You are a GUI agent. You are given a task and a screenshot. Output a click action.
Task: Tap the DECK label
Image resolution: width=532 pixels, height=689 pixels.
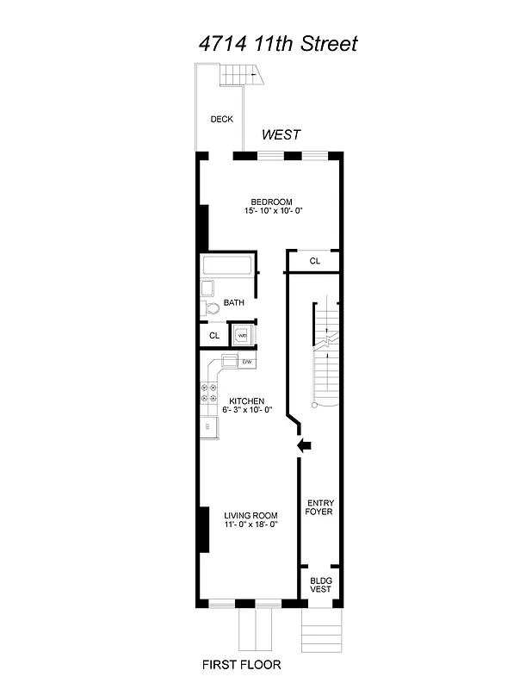[221, 120]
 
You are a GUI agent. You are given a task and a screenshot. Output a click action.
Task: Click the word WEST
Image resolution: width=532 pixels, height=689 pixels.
[281, 135]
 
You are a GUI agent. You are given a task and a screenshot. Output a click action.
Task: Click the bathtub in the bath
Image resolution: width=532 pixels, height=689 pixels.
[228, 266]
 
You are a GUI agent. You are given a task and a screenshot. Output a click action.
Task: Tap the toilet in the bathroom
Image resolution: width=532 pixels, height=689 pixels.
[210, 308]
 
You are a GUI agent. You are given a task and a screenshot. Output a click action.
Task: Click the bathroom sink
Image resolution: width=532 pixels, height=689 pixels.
[207, 289]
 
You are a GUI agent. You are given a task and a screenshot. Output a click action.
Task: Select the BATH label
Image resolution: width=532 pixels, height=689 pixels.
[233, 302]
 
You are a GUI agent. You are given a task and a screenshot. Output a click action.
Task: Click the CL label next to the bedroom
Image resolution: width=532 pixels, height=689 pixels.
[315, 261]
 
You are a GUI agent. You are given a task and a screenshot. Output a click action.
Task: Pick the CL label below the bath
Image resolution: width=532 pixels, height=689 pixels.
[214, 335]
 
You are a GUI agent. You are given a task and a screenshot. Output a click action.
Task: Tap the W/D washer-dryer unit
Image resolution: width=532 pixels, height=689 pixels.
[243, 335]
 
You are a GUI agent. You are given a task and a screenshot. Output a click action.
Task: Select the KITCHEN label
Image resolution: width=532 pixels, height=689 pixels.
[246, 401]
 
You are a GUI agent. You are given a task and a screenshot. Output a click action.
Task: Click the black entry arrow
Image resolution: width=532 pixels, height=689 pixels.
[303, 445]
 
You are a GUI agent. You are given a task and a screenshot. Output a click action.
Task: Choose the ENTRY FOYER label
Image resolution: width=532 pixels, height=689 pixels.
[319, 507]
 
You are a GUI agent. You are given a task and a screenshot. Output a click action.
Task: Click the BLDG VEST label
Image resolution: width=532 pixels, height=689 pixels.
[320, 586]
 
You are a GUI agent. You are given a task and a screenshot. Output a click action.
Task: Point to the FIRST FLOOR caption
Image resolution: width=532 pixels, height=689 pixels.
[242, 665]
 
